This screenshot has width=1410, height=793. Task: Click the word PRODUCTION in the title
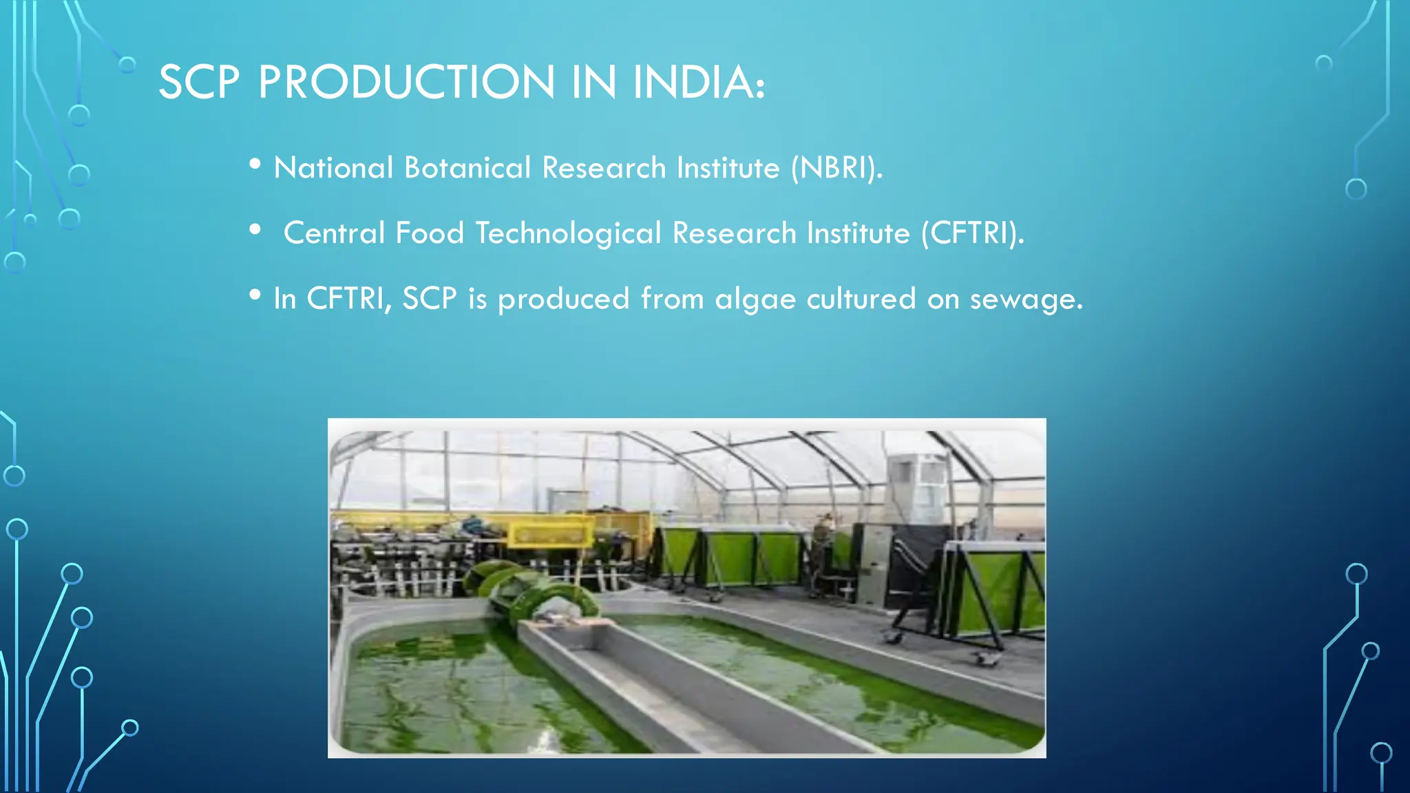(406, 83)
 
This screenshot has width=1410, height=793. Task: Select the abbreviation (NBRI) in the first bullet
(836, 168)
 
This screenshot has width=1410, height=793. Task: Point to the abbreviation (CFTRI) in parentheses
(971, 233)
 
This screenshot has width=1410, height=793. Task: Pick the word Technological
(568, 233)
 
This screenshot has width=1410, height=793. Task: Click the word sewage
(1026, 299)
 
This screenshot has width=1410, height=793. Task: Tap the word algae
(755, 299)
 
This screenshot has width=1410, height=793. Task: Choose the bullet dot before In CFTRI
(255, 295)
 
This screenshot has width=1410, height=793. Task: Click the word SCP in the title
(199, 83)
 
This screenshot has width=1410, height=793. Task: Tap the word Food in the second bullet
(430, 233)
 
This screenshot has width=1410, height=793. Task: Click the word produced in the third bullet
(563, 299)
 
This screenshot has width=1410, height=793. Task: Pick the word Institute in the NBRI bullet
(728, 168)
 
